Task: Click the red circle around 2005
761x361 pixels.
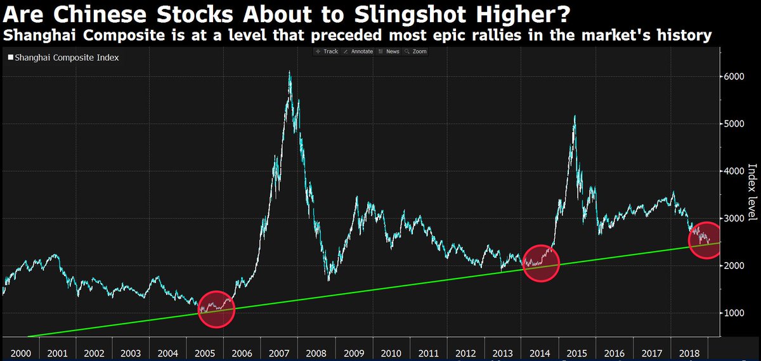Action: pos(216,309)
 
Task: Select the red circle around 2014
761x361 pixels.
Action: pos(540,263)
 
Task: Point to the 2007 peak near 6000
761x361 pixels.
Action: pos(290,72)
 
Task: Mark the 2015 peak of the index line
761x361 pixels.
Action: pos(575,116)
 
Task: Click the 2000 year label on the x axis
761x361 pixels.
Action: pos(20,352)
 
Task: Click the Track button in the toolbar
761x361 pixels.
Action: pos(327,51)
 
